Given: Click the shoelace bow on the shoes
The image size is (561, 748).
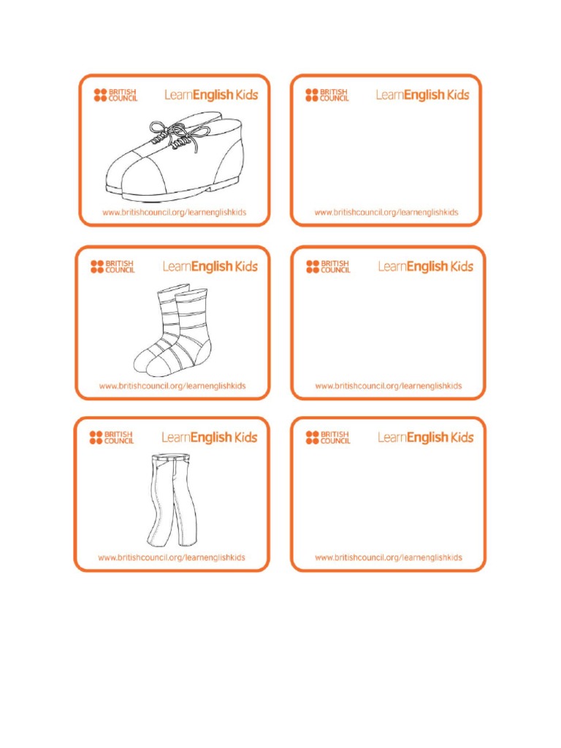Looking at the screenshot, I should pos(169,134).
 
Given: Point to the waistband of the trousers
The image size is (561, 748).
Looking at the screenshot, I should pos(172,459).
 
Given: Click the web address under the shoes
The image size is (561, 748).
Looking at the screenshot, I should pos(174,213).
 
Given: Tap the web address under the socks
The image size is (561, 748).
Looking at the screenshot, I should pos(172,386).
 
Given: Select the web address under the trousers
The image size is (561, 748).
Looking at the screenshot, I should pos(172,557).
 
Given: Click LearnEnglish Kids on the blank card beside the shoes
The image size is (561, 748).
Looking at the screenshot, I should pos(422,95).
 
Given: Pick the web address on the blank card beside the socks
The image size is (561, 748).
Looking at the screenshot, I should pos(389,386).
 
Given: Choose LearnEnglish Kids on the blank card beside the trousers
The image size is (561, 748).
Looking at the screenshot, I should pos(426,438).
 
